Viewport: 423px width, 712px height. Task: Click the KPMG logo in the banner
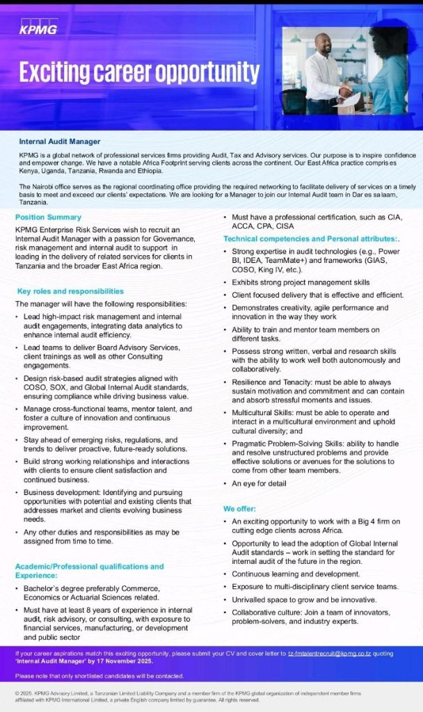(x=39, y=29)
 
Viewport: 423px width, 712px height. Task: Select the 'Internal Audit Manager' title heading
(x=60, y=142)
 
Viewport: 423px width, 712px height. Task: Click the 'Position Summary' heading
(x=48, y=218)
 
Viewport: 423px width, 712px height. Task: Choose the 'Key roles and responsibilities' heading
(x=70, y=291)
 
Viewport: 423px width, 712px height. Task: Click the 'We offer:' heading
(x=239, y=508)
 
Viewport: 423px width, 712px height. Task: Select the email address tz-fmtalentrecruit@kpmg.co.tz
(x=329, y=655)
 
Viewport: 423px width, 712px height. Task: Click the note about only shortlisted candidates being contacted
(x=99, y=676)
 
